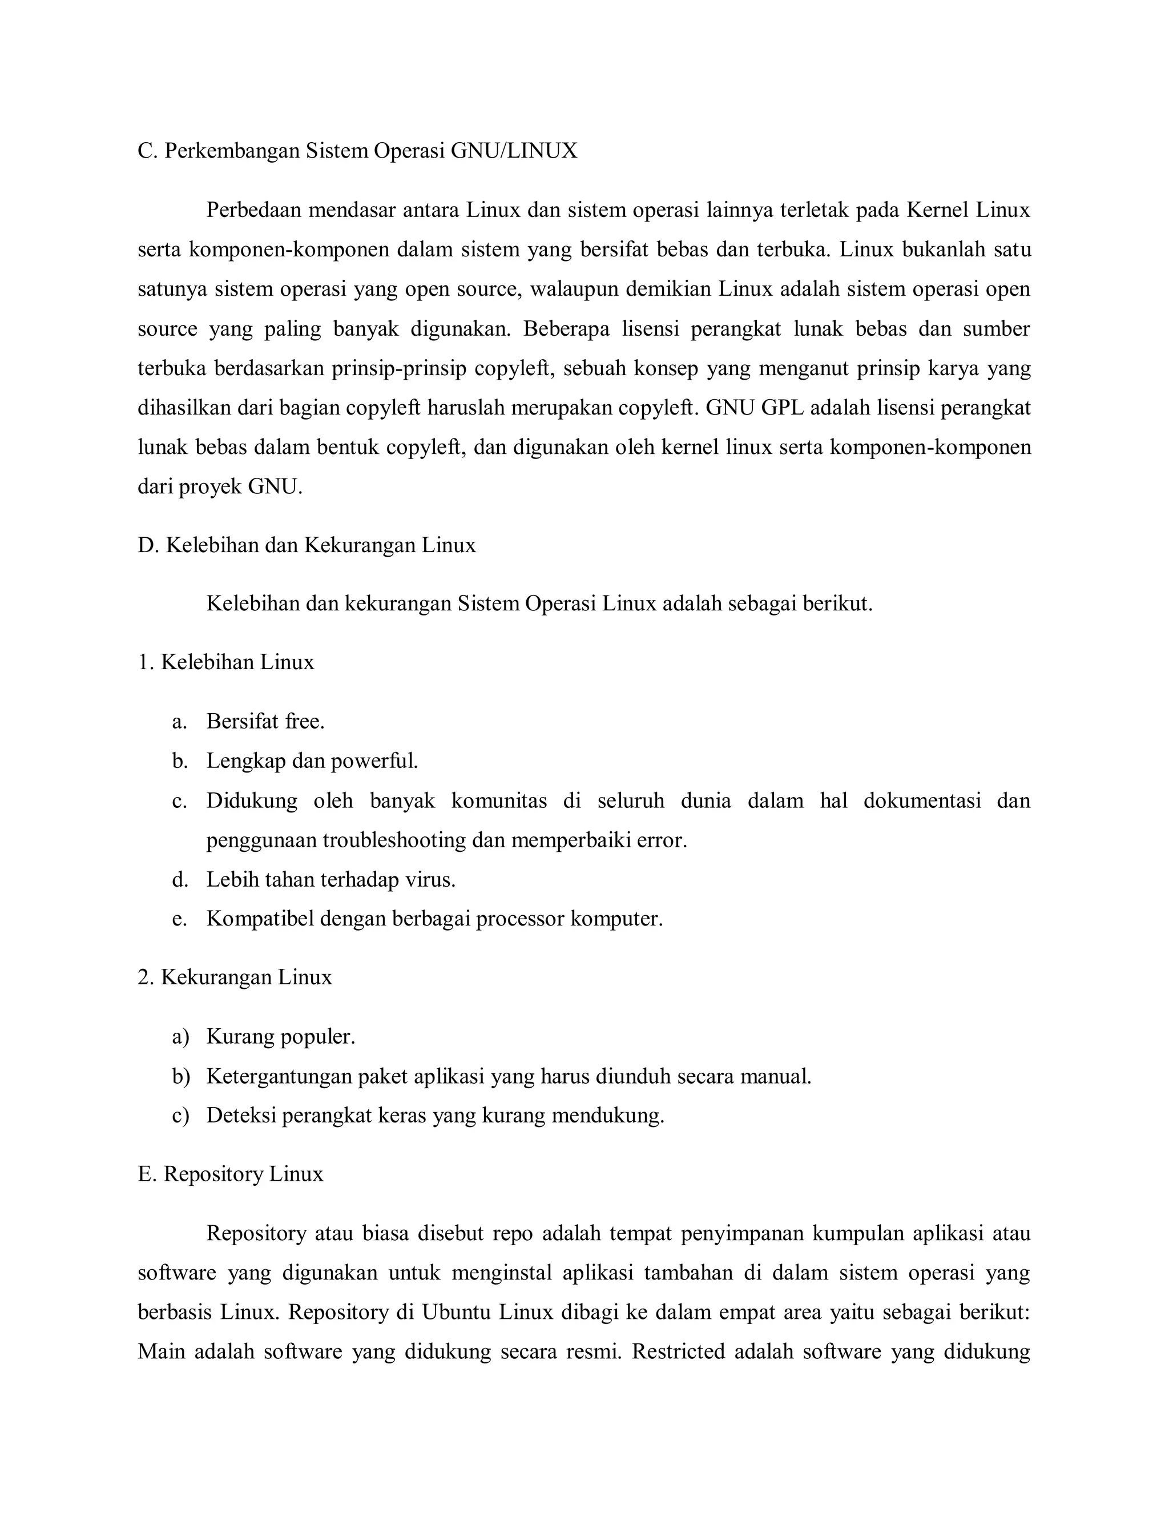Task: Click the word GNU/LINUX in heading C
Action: tap(514, 151)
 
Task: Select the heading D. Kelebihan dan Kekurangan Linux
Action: tap(307, 545)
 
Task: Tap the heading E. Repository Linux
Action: tap(231, 1174)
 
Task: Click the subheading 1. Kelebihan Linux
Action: tap(226, 662)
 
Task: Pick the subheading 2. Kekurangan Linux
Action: tap(235, 977)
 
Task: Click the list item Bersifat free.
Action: tap(265, 722)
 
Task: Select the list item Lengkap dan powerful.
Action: tap(312, 761)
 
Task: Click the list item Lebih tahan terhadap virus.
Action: tap(330, 880)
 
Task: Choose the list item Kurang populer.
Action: tap(280, 1037)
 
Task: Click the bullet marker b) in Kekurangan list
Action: tap(181, 1077)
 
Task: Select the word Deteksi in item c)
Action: tap(240, 1116)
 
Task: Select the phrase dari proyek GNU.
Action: tap(220, 487)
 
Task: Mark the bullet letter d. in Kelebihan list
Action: tap(180, 880)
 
